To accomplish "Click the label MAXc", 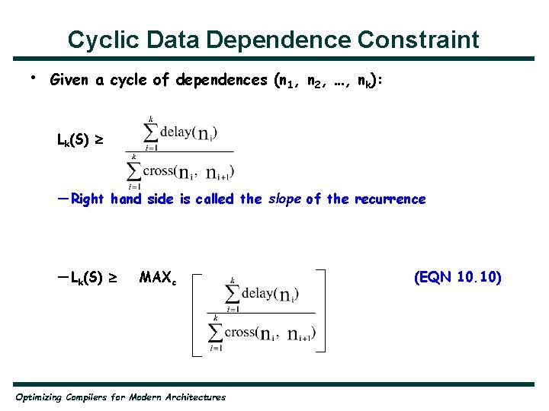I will tap(158, 279).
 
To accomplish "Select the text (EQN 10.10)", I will tap(457, 278).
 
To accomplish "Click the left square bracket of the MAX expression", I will tap(195, 310).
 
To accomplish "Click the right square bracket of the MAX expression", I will tap(323, 310).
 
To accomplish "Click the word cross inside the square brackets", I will tap(240, 332).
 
